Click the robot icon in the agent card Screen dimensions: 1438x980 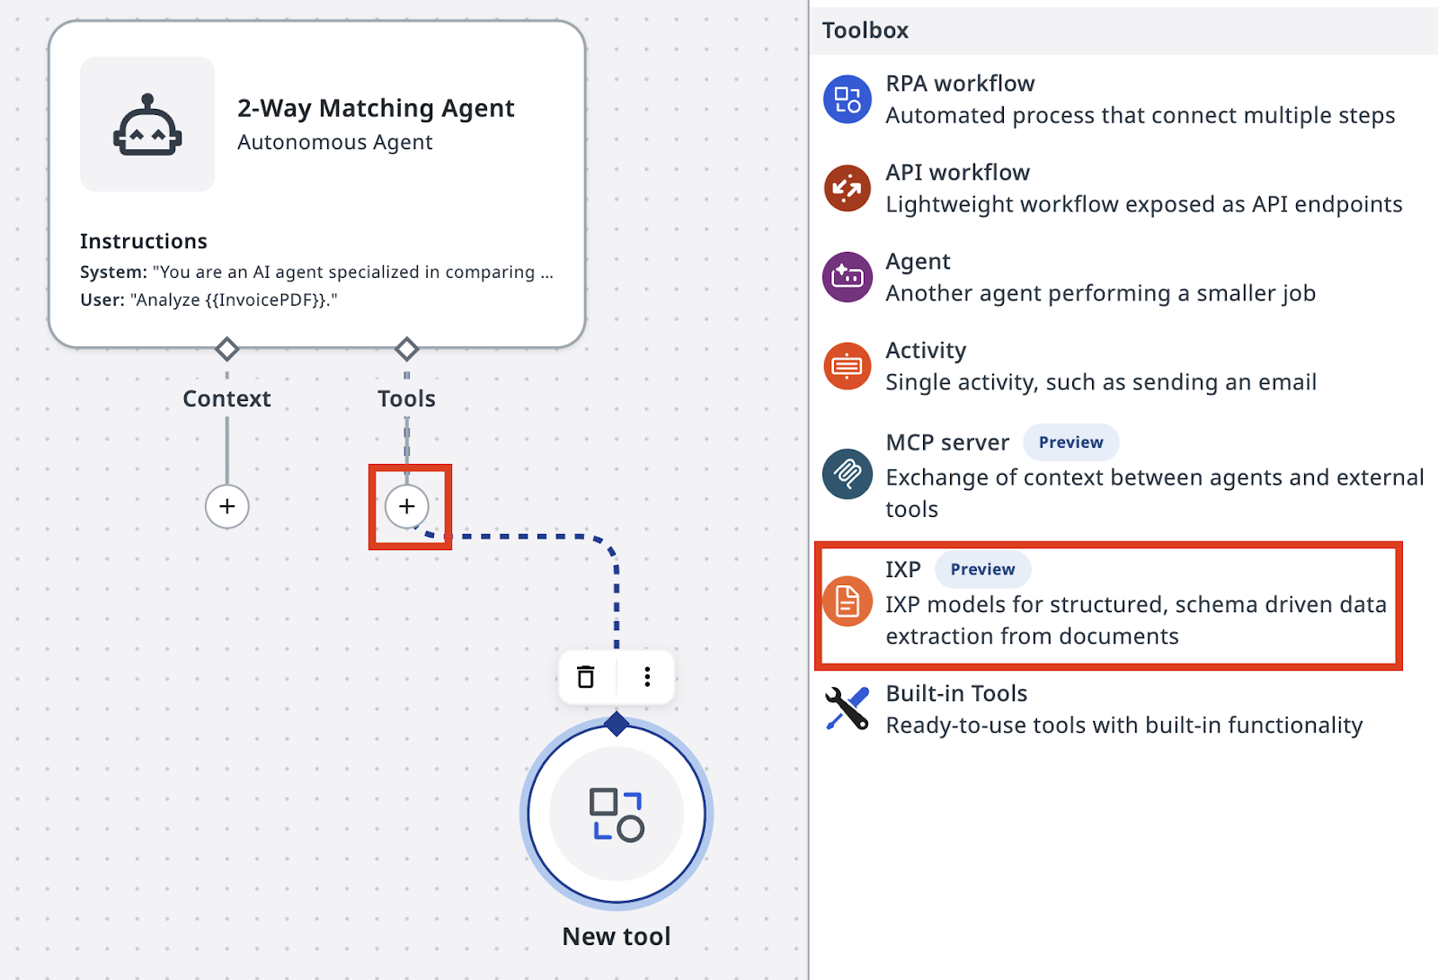click(147, 125)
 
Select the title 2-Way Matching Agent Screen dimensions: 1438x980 click(376, 108)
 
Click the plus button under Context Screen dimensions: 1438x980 click(226, 506)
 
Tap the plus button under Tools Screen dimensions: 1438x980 click(406, 506)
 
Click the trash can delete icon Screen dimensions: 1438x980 click(585, 677)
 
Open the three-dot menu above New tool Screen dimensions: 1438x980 click(647, 677)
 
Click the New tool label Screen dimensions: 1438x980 click(617, 936)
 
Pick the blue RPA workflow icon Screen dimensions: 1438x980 click(848, 100)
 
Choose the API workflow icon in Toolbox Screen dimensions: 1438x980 click(848, 188)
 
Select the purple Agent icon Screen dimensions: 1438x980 click(848, 277)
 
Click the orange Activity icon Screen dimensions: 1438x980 click(848, 366)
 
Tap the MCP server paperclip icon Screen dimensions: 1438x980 click(848, 474)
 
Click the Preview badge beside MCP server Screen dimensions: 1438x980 click(1070, 442)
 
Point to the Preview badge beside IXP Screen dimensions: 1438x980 click(983, 569)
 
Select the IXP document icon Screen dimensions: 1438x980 click(848, 601)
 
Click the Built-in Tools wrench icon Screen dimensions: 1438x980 click(848, 709)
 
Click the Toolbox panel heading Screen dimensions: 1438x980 click(865, 31)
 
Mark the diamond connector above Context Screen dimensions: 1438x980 click(226, 350)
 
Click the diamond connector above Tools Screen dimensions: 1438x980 click(406, 350)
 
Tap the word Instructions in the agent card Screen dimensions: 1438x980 click(143, 241)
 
